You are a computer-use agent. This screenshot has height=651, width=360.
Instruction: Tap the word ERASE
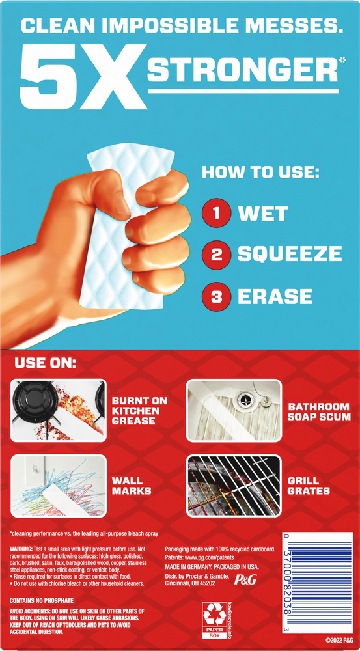click(275, 297)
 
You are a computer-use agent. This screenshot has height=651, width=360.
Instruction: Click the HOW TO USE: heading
click(260, 173)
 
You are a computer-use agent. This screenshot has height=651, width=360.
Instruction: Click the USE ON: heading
click(46, 362)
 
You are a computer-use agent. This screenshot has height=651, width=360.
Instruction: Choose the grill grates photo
click(234, 486)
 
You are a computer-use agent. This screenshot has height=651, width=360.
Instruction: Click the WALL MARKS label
click(132, 486)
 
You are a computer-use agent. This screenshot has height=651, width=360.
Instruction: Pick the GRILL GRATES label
click(309, 486)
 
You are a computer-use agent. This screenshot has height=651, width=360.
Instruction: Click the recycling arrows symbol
click(213, 614)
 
